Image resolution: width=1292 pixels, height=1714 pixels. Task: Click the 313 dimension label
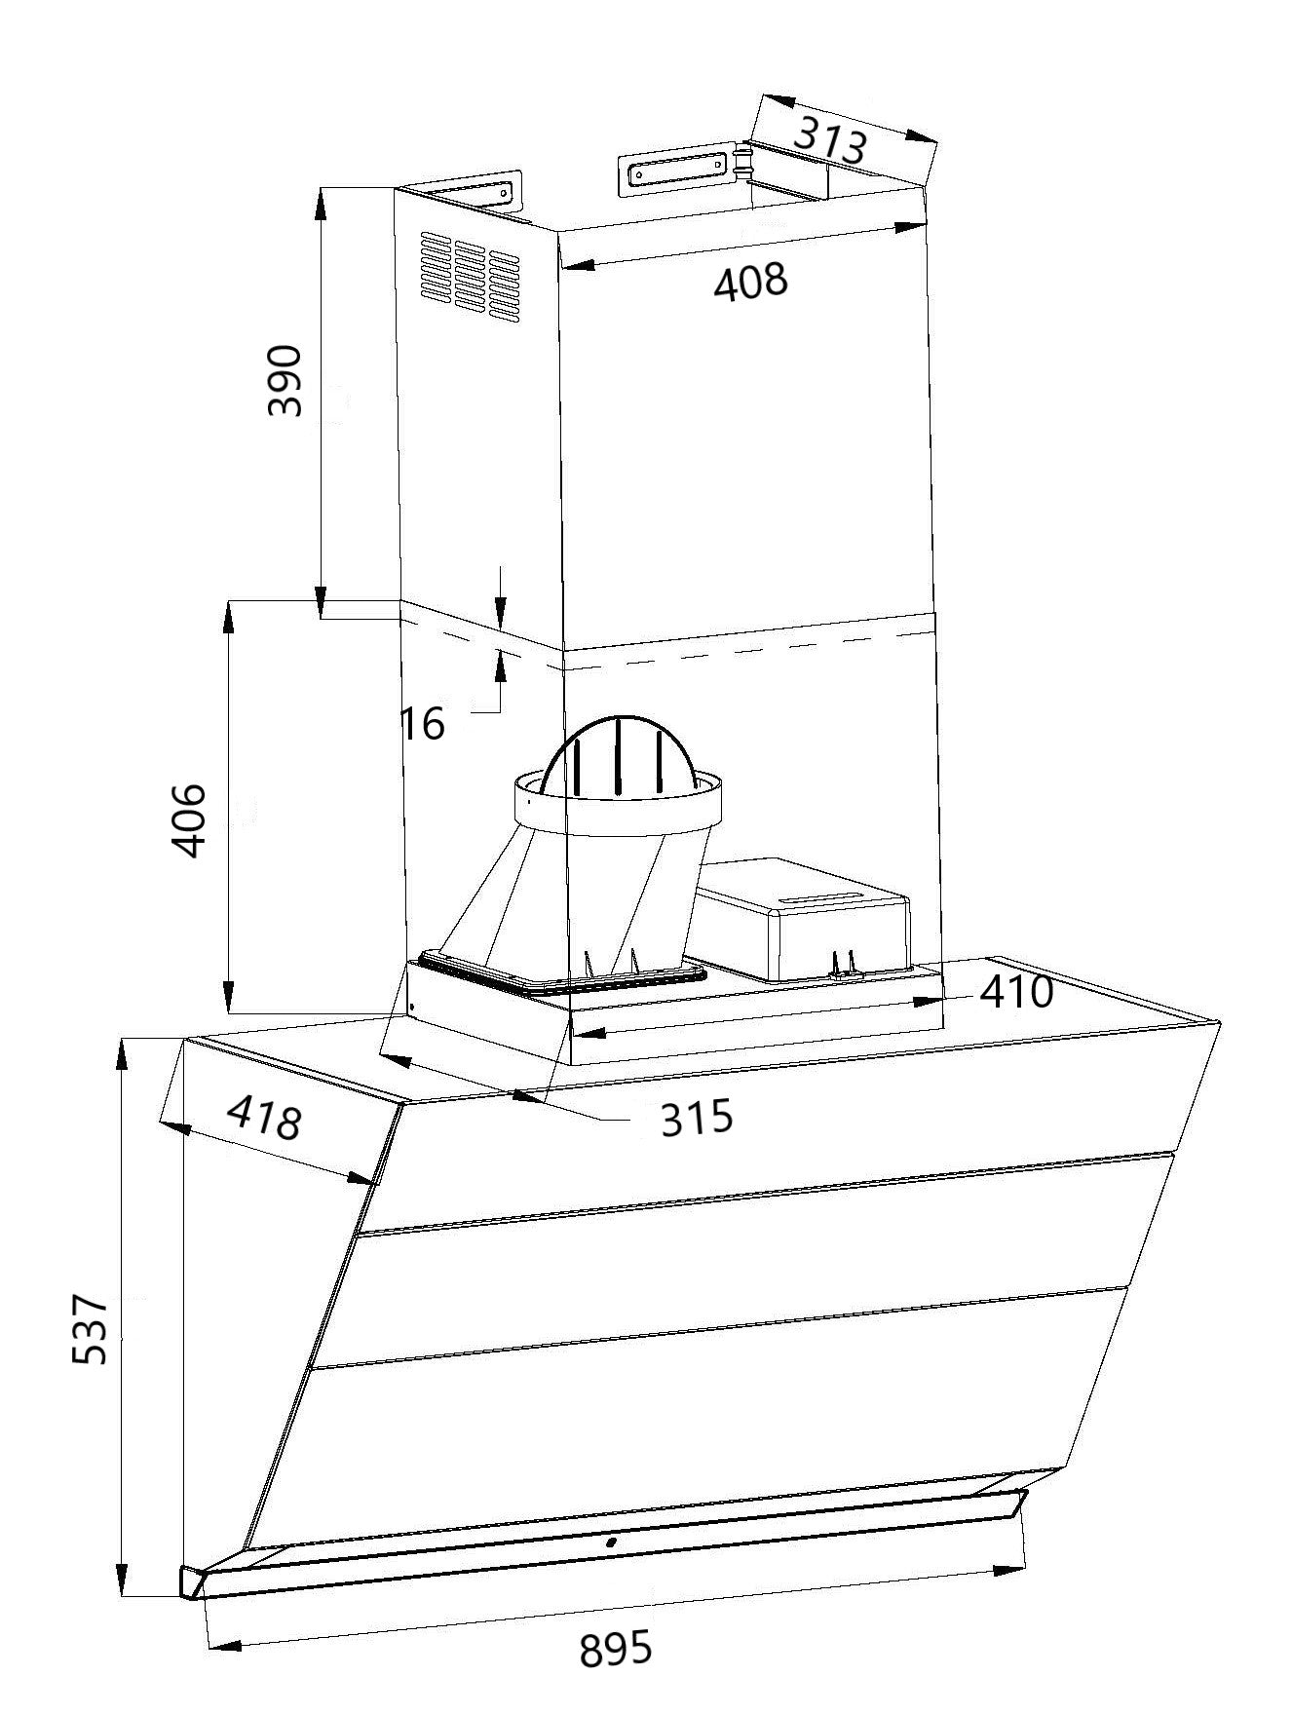pyautogui.click(x=830, y=141)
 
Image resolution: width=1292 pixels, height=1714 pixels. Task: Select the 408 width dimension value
pyautogui.click(x=749, y=283)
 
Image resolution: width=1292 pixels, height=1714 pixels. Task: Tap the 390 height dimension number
pyautogui.click(x=285, y=379)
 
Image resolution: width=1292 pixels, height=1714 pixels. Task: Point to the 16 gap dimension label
pyautogui.click(x=423, y=724)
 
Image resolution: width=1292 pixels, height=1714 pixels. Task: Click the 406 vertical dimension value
pyautogui.click(x=188, y=819)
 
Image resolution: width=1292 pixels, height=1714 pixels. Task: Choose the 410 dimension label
pyautogui.click(x=1016, y=992)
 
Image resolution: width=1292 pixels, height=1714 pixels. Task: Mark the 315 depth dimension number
pyautogui.click(x=696, y=1118)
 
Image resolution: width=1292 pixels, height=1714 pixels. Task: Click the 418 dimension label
pyautogui.click(x=263, y=1119)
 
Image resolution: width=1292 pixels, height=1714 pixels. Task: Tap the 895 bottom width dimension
pyautogui.click(x=615, y=1651)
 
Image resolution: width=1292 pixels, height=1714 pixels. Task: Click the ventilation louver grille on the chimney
pyautogui.click(x=469, y=278)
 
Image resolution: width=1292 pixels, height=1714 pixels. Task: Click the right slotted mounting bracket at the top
pyautogui.click(x=674, y=171)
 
